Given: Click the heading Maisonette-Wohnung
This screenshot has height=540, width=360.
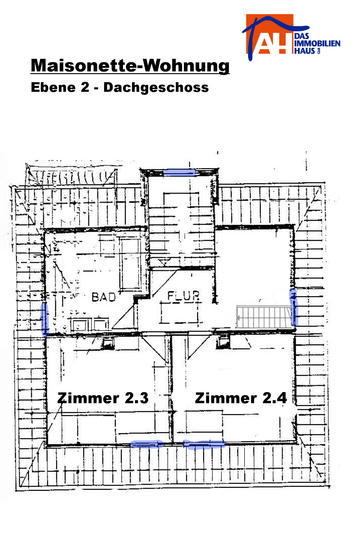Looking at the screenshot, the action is tap(130, 65).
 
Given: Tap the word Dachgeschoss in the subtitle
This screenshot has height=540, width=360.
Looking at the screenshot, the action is tap(156, 87).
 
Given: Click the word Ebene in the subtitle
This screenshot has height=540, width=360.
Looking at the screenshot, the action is tap(53, 87).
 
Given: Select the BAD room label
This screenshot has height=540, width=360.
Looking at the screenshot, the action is tap(103, 297).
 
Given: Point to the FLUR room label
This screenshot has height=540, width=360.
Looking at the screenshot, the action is tap(183, 296).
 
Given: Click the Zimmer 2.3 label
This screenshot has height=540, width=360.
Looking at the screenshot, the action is tap(103, 398).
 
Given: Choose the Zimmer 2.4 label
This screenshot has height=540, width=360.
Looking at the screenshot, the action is tap(241, 398).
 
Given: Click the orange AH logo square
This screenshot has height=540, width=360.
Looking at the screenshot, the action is tap(270, 34).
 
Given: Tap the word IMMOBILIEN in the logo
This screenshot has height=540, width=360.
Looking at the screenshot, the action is tap(318, 43).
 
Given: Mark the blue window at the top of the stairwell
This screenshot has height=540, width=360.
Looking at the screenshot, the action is tap(179, 172).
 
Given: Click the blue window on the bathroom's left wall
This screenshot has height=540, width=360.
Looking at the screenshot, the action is tap(45, 319).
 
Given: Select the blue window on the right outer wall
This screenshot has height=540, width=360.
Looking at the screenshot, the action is tap(294, 307).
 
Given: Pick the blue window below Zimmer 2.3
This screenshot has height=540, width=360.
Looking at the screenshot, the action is tap(146, 444).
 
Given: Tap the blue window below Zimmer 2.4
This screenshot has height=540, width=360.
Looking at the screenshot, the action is tap(203, 445).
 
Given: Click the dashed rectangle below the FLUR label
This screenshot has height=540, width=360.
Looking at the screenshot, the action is tap(180, 314).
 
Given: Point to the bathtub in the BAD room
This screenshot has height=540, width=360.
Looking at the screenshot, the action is tap(131, 263).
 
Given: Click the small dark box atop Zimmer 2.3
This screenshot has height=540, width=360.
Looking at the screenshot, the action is tap(108, 342).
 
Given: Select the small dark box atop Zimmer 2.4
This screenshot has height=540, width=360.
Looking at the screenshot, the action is tap(222, 342).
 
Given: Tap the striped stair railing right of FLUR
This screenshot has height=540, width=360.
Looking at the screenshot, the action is tap(264, 316).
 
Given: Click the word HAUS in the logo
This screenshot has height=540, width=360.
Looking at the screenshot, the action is tap(305, 51).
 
